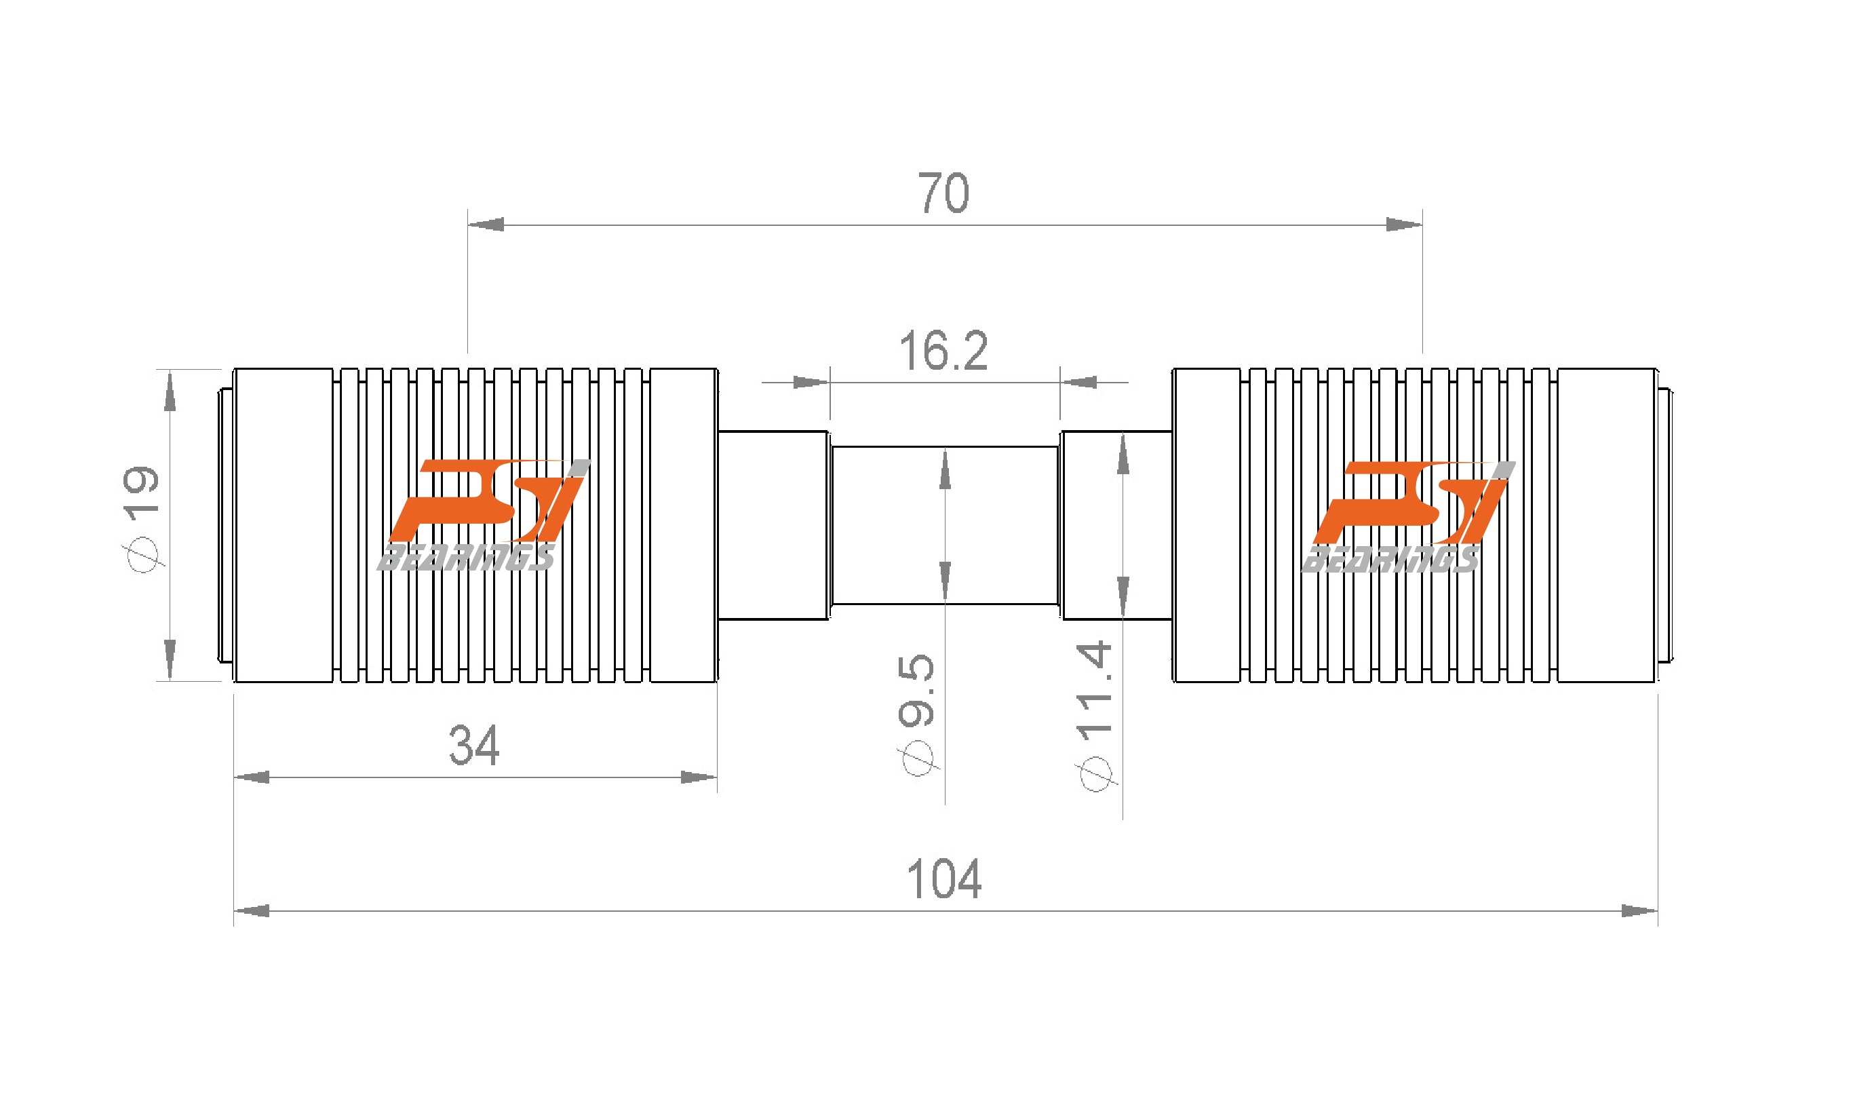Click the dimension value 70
943,194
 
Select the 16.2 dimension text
943,351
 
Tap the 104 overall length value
944,879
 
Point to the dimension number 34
474,746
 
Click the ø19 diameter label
142,518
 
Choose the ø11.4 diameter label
1095,714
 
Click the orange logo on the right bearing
1409,503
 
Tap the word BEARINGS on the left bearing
466,558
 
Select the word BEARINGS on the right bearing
1390,560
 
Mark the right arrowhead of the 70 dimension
1403,225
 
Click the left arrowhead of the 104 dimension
252,911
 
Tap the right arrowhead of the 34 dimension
698,777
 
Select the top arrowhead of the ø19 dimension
170,392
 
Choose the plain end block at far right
1607,525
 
